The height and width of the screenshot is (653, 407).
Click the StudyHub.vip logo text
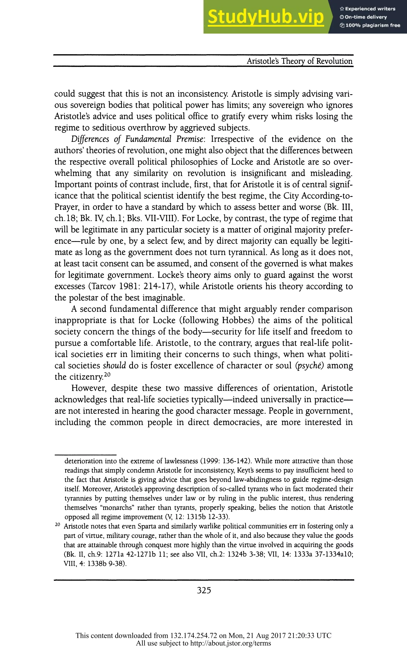tap(266, 17)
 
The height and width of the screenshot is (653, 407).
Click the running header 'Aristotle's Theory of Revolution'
tap(299, 61)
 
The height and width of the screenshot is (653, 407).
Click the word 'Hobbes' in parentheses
tap(237, 320)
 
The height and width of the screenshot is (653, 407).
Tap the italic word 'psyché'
tap(310, 366)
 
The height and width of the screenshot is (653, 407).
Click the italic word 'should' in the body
tap(114, 366)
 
